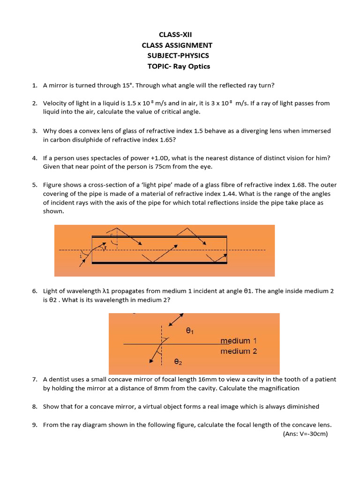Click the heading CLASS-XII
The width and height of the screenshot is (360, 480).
[176, 34]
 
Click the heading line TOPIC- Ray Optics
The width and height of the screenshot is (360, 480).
[179, 66]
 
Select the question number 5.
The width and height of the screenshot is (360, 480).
[35, 185]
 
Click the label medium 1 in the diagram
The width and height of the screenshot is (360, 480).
[239, 341]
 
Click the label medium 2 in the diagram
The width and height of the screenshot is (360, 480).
[239, 351]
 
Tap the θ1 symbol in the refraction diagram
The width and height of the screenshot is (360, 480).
[190, 331]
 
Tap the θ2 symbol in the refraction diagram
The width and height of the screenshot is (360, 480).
[178, 362]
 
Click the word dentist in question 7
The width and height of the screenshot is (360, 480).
[60, 379]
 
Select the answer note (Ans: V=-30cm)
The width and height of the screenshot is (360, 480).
[305, 434]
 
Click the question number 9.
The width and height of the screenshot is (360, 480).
[35, 425]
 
